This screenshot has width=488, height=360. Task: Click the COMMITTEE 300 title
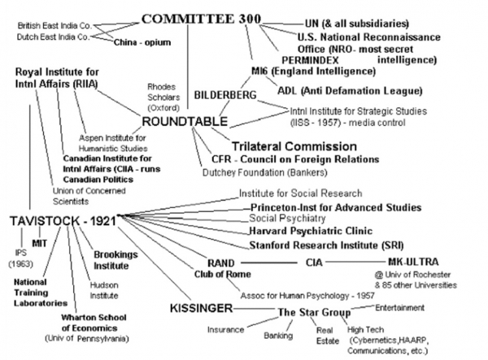(201, 19)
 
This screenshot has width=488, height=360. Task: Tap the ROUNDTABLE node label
(185, 121)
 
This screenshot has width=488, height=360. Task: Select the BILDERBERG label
(225, 95)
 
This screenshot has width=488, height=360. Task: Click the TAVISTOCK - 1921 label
(63, 221)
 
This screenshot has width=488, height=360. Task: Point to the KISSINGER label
(202, 308)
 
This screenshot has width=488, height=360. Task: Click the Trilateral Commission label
(294, 146)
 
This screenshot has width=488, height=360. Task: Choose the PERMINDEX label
(310, 60)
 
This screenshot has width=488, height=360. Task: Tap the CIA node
(314, 262)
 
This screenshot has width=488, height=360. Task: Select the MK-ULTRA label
(413, 262)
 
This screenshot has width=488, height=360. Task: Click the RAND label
(221, 263)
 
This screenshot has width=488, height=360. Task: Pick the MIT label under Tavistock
(40, 243)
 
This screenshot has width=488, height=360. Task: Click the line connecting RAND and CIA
(269, 263)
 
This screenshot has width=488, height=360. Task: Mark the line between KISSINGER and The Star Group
(255, 309)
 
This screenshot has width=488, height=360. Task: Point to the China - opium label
(142, 42)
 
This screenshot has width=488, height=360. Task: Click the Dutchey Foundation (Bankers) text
(265, 172)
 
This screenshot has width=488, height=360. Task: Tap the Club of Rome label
(223, 274)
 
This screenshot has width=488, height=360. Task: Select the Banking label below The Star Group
(278, 336)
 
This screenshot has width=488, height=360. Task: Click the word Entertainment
(399, 308)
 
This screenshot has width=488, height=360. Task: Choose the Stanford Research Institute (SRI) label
(326, 245)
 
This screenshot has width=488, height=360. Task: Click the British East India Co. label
(54, 25)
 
